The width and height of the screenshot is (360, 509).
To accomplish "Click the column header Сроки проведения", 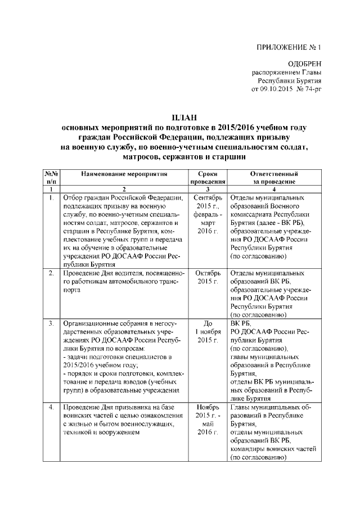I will (207, 178).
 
